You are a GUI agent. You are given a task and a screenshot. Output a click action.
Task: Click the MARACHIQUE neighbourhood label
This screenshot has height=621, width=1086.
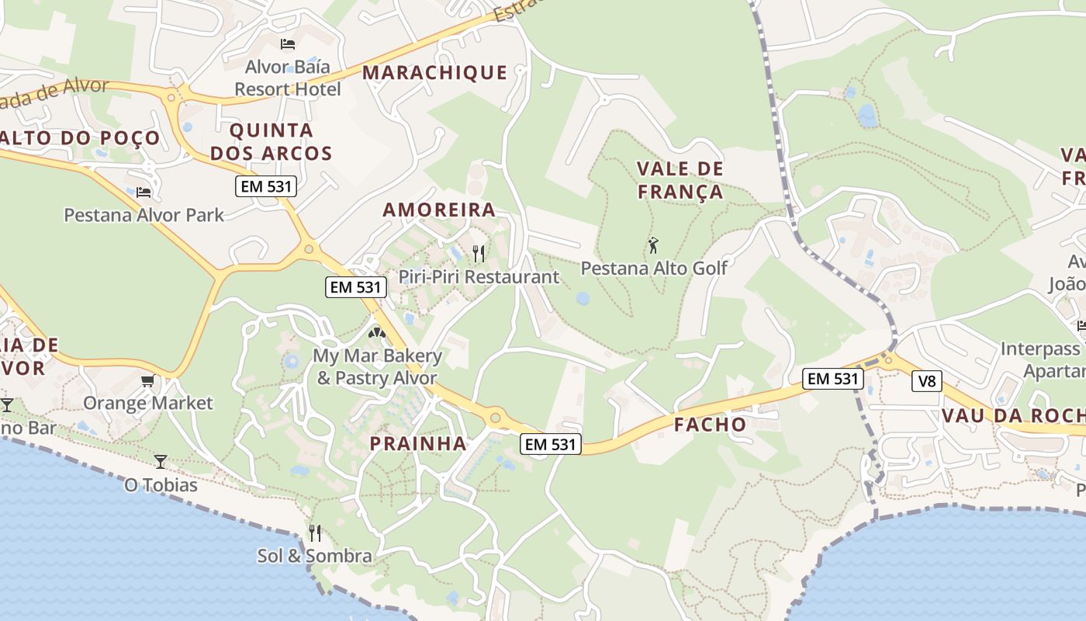coord(434,72)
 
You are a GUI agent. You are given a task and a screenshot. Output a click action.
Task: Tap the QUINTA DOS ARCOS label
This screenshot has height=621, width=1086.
coord(271,141)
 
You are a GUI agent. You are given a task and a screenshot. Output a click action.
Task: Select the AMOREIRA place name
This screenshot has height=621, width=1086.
coord(439,210)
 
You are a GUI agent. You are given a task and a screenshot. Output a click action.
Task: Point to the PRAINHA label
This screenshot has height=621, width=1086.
coord(418,444)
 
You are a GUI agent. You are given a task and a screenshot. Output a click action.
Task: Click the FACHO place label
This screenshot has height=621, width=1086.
coord(710,425)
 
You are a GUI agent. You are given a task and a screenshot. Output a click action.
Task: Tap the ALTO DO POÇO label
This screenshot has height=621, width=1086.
coord(81,138)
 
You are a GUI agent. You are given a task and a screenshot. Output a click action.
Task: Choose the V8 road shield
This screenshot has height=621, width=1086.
coord(926,381)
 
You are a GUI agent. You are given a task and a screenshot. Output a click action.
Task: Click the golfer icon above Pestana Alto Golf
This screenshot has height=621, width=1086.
coord(653,246)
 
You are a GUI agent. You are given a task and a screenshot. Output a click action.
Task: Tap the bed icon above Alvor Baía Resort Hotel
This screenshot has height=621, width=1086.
coord(288,44)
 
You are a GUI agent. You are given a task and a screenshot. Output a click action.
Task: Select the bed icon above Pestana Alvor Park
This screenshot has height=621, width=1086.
coord(144,192)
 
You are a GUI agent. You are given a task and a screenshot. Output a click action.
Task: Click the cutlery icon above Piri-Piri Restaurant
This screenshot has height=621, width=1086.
coord(479,254)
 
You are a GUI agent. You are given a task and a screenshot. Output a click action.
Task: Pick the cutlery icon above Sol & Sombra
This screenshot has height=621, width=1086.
coord(315,533)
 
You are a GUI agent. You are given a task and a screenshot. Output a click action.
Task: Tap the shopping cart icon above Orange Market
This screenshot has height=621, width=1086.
coord(147,380)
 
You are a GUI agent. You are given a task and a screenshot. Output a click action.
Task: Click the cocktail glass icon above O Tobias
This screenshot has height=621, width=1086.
coord(161,462)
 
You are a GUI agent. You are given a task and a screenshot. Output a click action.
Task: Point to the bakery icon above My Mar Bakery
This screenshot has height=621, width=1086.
coord(377,333)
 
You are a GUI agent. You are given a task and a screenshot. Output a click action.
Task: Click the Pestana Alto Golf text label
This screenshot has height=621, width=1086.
coord(654,269)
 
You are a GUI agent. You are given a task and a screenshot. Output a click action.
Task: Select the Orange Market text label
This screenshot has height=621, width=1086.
coord(147,403)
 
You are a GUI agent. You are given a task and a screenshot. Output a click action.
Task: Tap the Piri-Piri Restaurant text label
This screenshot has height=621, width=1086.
coord(479,276)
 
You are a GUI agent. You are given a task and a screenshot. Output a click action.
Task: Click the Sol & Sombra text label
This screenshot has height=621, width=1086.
coord(315,556)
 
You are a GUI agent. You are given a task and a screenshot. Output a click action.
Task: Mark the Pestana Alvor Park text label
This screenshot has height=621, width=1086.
coord(144,215)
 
